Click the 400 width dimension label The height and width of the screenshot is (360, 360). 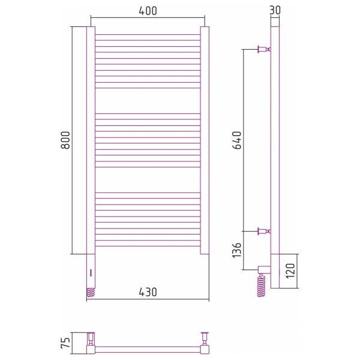pyautogui.click(x=148, y=11)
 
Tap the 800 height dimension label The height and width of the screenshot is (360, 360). pyautogui.click(x=65, y=140)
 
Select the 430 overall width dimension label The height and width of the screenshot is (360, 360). pyautogui.click(x=148, y=292)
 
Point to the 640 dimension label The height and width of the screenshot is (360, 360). pyautogui.click(x=237, y=140)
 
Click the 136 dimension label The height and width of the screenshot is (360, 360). pyautogui.click(x=237, y=250)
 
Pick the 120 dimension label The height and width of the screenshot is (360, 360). pyautogui.click(x=290, y=271)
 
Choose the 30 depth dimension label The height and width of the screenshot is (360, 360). pyautogui.click(x=275, y=10)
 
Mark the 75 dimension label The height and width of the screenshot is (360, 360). pyautogui.click(x=65, y=343)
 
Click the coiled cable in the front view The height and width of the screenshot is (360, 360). pyautogui.click(x=91, y=292)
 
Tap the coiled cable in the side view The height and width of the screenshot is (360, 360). pyautogui.click(x=261, y=285)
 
